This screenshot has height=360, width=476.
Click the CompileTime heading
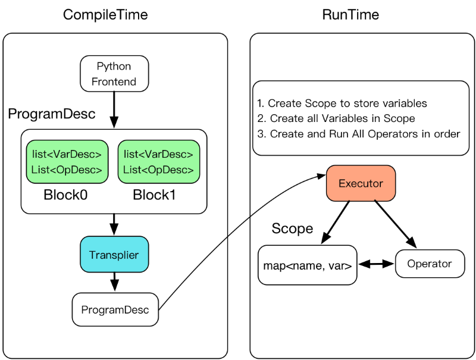point(105,15)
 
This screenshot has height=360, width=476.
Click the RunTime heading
point(350,14)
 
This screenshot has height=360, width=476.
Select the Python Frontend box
point(114,74)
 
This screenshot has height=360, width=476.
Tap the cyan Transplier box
point(114,254)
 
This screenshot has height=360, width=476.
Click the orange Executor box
point(361,183)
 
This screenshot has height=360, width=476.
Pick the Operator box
point(430,264)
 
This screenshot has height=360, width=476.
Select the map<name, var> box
point(307,265)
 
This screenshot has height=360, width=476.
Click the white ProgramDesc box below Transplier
point(115,309)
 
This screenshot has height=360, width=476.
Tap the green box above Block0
point(67,162)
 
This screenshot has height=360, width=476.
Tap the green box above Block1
point(158,162)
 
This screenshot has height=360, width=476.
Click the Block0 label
point(65,195)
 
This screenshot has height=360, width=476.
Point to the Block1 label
point(154,195)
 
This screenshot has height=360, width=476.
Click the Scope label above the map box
point(292,228)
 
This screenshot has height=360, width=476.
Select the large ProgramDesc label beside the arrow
point(52,114)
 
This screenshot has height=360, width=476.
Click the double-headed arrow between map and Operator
point(376,264)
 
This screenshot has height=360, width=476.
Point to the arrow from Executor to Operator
point(395,224)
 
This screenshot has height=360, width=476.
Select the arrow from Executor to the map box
point(336,222)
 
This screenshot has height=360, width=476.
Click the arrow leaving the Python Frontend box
point(114,110)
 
